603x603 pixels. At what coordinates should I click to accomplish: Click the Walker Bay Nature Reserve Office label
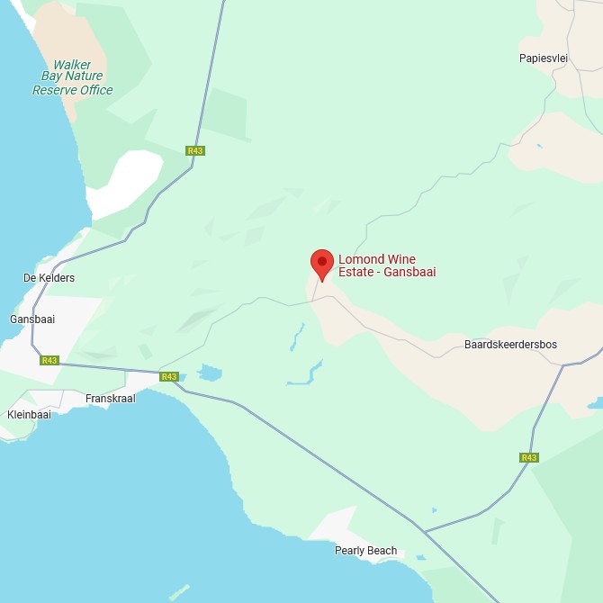[x=72, y=77]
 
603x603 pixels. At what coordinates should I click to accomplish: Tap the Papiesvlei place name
[x=543, y=58]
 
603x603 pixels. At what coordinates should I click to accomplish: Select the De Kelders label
[x=49, y=278]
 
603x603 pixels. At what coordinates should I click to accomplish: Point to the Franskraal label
[x=110, y=398]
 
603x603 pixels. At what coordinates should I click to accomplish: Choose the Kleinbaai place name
[x=29, y=415]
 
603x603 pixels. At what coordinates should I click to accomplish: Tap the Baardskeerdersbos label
[x=510, y=345]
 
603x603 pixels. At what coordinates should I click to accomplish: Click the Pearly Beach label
[x=365, y=551]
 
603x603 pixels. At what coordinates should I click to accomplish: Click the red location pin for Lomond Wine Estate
[x=322, y=263]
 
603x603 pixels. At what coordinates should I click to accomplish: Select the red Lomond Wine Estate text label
[x=386, y=265]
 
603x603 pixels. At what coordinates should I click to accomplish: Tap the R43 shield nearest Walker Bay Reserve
[x=195, y=150]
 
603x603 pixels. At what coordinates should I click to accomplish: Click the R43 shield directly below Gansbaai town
[x=49, y=360]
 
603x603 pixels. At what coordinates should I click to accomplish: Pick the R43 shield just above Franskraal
[x=168, y=376]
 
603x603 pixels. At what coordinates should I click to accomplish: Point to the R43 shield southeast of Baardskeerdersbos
[x=529, y=457]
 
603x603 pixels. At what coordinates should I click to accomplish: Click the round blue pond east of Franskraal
[x=210, y=373]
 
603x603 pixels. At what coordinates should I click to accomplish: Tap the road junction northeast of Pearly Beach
[x=425, y=532]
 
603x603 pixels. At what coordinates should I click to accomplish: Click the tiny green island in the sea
[x=179, y=591]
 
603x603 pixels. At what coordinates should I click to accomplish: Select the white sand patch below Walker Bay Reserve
[x=126, y=184]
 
